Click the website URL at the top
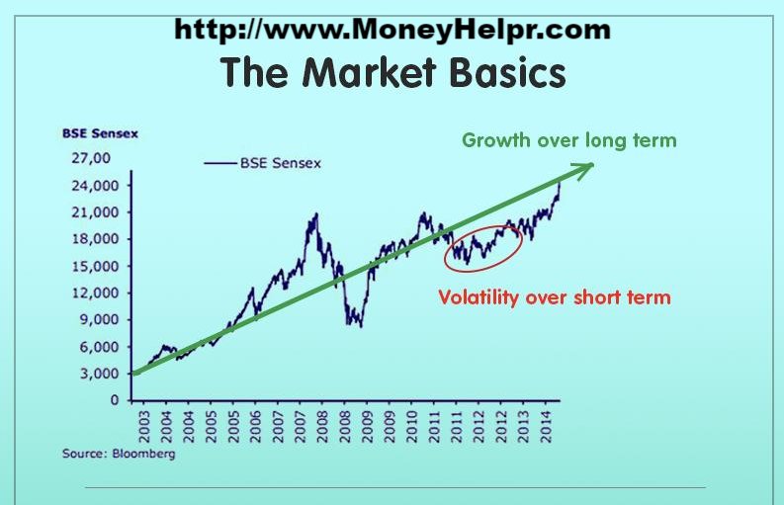point(392,29)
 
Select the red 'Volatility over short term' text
point(555,296)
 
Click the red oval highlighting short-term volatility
point(482,247)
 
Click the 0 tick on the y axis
point(115,400)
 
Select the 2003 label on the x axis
point(144,426)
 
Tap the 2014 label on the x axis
point(548,426)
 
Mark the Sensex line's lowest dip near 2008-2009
point(361,325)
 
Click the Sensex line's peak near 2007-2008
point(316,213)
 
